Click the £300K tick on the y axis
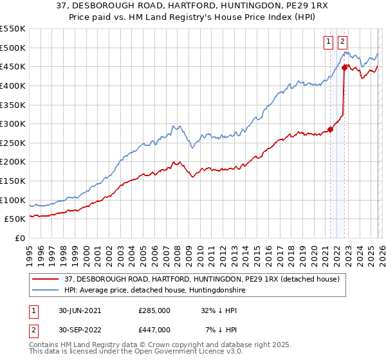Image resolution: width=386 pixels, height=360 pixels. point(13,123)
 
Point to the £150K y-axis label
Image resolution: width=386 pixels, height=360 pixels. point(13,181)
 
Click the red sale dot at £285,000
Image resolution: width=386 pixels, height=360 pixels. point(330,129)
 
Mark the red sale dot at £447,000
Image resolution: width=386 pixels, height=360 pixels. point(345,67)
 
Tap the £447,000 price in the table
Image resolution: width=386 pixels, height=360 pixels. point(154,329)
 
